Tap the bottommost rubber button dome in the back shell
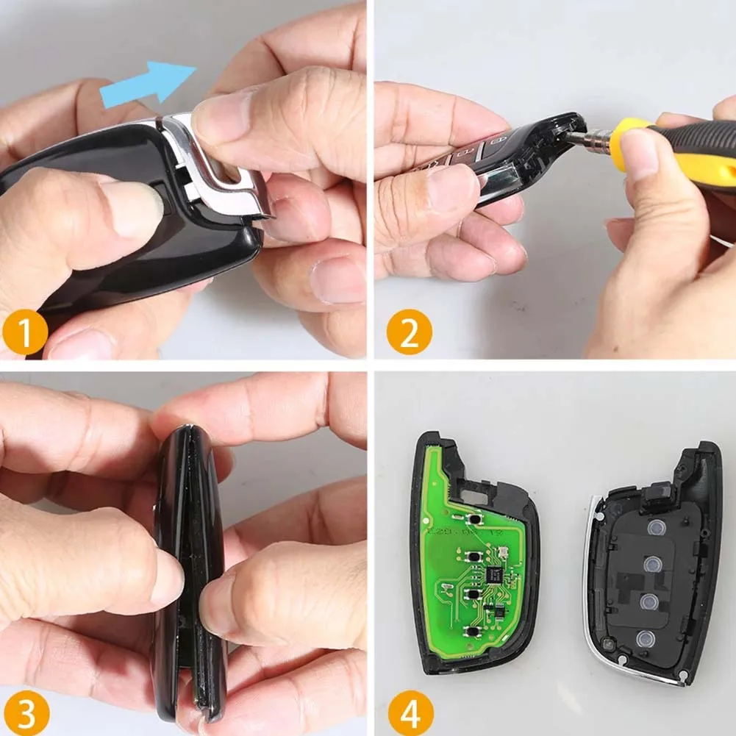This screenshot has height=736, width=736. pos(646,638)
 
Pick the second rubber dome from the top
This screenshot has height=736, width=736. pos(651,565)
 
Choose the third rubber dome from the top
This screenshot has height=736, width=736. pos(649,602)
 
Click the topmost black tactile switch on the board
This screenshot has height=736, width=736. pos(477,519)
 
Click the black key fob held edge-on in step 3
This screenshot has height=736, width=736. pos(187,574)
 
